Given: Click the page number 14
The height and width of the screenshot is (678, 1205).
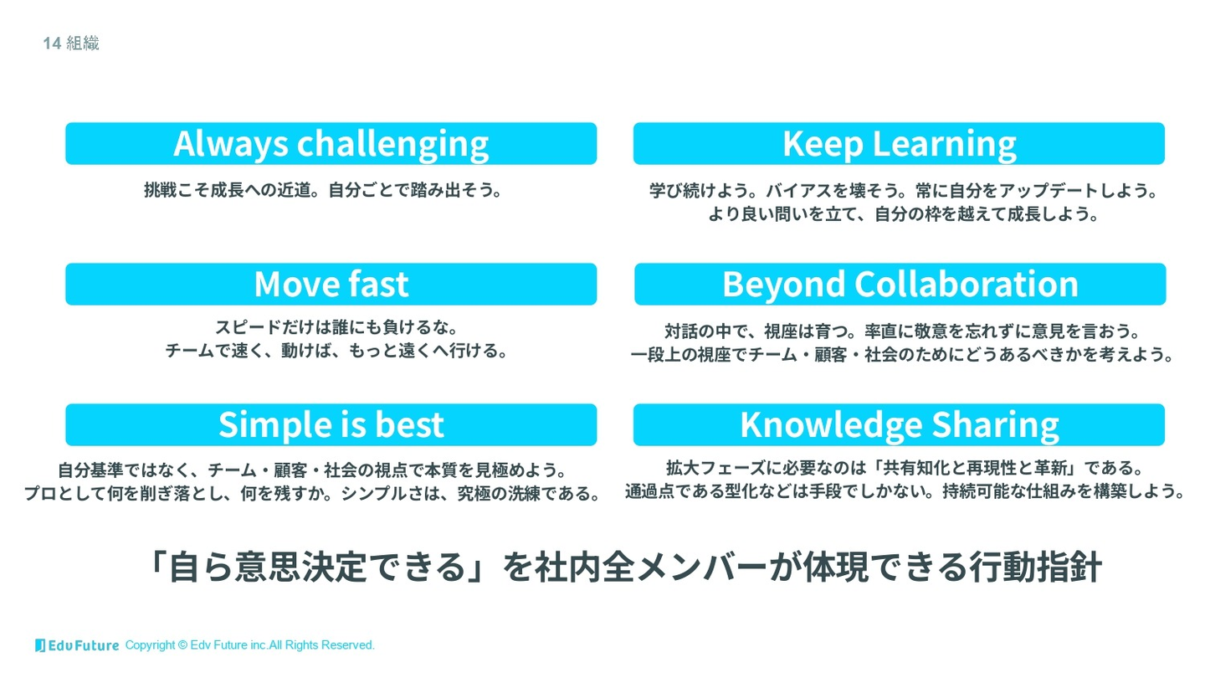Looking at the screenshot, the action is (x=52, y=43).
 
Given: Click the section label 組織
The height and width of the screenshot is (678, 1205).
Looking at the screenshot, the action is (x=83, y=43).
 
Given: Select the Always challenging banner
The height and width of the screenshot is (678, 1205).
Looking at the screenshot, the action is (x=331, y=144).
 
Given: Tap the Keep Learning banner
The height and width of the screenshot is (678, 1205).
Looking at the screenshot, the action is (x=899, y=144).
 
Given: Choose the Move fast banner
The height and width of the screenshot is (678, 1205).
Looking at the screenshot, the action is (x=331, y=284).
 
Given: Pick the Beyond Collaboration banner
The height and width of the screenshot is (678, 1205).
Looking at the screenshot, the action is (x=900, y=284).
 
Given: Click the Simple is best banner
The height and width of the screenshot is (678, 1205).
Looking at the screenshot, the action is (x=331, y=424).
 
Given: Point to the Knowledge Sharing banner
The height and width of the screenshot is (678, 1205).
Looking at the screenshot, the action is (x=899, y=424).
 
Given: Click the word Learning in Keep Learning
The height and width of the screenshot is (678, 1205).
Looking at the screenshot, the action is (x=944, y=145).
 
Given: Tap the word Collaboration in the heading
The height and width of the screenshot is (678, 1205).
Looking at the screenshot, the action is (x=967, y=284).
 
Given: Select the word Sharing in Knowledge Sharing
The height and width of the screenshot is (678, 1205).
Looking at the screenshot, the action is (x=995, y=425).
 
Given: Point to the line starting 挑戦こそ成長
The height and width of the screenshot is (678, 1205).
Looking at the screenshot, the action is (x=323, y=190).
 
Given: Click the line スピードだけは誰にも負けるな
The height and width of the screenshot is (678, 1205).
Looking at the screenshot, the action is (x=336, y=327).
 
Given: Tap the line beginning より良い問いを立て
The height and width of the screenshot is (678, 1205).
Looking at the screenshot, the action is (x=904, y=214).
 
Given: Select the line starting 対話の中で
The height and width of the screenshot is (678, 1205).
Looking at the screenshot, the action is (x=902, y=331).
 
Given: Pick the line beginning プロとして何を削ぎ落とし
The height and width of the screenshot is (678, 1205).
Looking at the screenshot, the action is (x=312, y=494).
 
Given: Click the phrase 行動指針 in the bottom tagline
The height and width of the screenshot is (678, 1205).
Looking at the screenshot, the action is (x=1036, y=567).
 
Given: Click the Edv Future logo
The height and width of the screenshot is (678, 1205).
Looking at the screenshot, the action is (x=77, y=645).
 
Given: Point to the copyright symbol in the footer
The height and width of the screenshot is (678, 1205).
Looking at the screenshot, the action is (x=182, y=645).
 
